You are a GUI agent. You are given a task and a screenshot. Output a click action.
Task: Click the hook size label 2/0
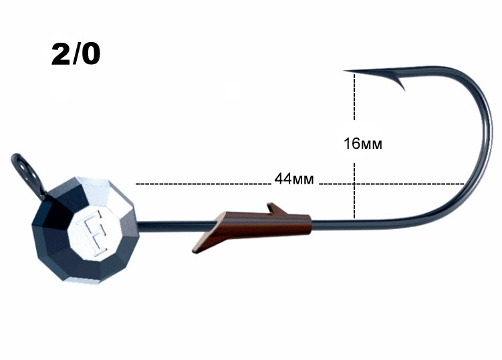click(x=76, y=55)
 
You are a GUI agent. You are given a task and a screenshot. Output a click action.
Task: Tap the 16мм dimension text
click(x=363, y=144)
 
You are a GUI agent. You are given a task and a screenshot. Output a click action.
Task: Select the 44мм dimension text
click(x=294, y=179)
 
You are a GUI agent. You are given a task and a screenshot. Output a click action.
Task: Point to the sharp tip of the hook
click(x=344, y=70)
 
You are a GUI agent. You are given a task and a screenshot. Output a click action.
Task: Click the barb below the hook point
click(x=400, y=83)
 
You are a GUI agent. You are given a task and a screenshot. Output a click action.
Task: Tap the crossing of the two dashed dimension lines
click(x=354, y=184)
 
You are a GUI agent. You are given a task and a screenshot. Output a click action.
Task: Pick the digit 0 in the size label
click(x=91, y=55)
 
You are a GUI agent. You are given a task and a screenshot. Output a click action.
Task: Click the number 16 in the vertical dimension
click(x=352, y=144)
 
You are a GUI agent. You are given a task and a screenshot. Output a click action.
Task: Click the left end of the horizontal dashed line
click(x=136, y=184)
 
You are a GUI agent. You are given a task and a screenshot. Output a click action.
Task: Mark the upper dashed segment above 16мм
click(x=354, y=97)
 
